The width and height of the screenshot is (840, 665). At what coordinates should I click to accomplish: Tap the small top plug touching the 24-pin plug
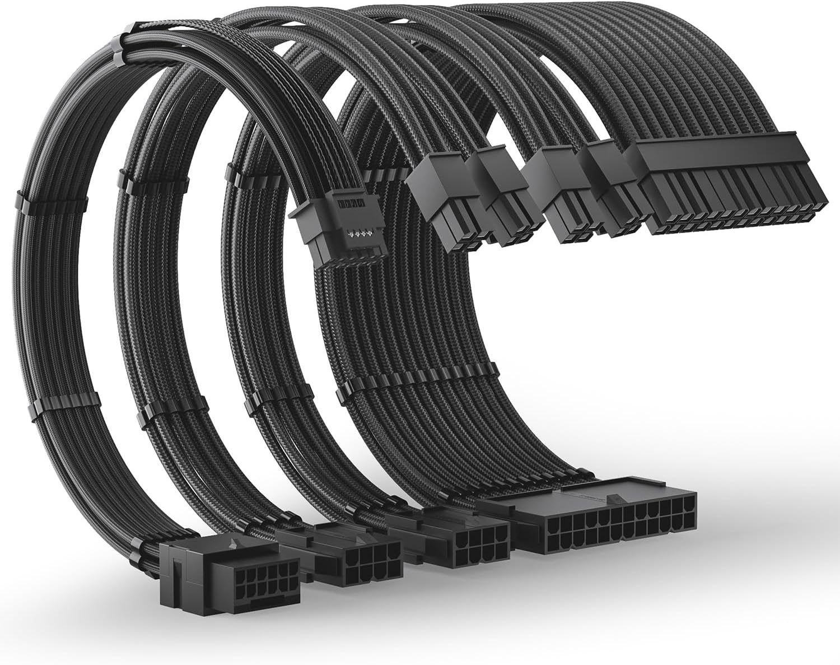[x=616, y=190]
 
